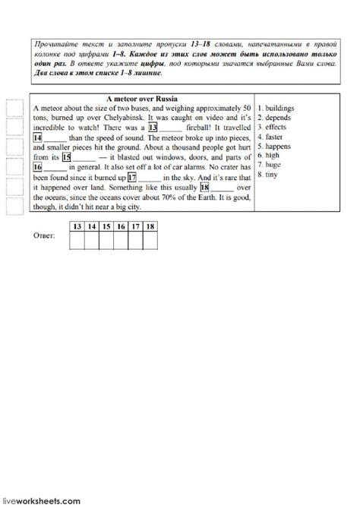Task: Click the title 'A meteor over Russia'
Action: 142,99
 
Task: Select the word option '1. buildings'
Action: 279,109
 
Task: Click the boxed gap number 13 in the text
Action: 153,128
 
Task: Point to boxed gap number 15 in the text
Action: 65,156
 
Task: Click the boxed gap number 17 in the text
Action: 132,175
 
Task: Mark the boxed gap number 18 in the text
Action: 204,185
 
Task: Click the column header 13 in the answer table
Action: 77,226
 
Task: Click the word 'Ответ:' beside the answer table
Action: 45,238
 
